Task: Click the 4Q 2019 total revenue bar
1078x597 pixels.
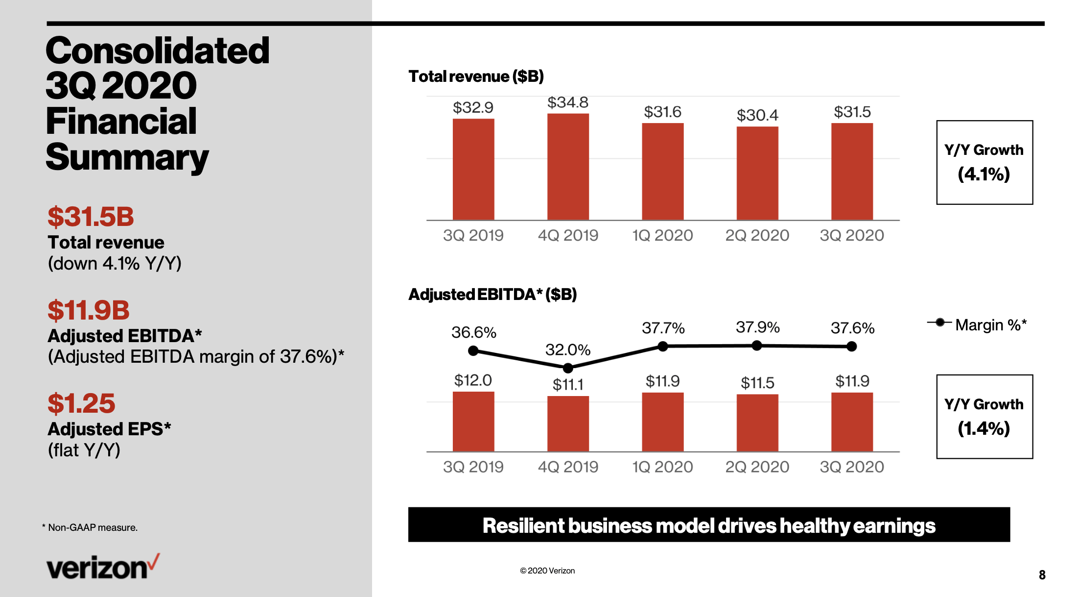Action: [x=568, y=167]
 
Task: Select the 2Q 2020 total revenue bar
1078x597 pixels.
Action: [x=757, y=174]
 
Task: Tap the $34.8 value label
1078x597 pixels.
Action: [x=568, y=102]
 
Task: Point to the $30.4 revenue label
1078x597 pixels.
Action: [x=757, y=115]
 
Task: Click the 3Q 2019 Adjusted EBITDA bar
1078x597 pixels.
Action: [x=473, y=422]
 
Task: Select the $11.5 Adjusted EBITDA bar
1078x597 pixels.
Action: [x=757, y=423]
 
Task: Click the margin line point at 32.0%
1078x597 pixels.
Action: [x=568, y=368]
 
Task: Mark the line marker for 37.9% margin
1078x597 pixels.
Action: [x=757, y=346]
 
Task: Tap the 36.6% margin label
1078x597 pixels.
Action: [x=474, y=332]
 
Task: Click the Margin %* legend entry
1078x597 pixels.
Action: [x=977, y=324]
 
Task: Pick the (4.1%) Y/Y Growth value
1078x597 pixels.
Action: [x=984, y=174]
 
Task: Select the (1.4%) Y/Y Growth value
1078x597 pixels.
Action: [x=984, y=428]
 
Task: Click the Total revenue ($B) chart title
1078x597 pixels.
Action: [x=476, y=76]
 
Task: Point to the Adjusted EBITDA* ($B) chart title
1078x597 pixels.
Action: [x=492, y=294]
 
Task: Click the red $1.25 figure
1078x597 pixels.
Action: [x=81, y=403]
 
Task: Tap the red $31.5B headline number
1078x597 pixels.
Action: [x=91, y=217]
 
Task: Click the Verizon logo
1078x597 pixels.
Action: [x=103, y=567]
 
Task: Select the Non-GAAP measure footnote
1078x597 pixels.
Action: [x=90, y=527]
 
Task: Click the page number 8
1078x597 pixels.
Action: [x=1042, y=575]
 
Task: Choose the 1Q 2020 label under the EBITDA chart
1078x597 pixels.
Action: [x=663, y=467]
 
